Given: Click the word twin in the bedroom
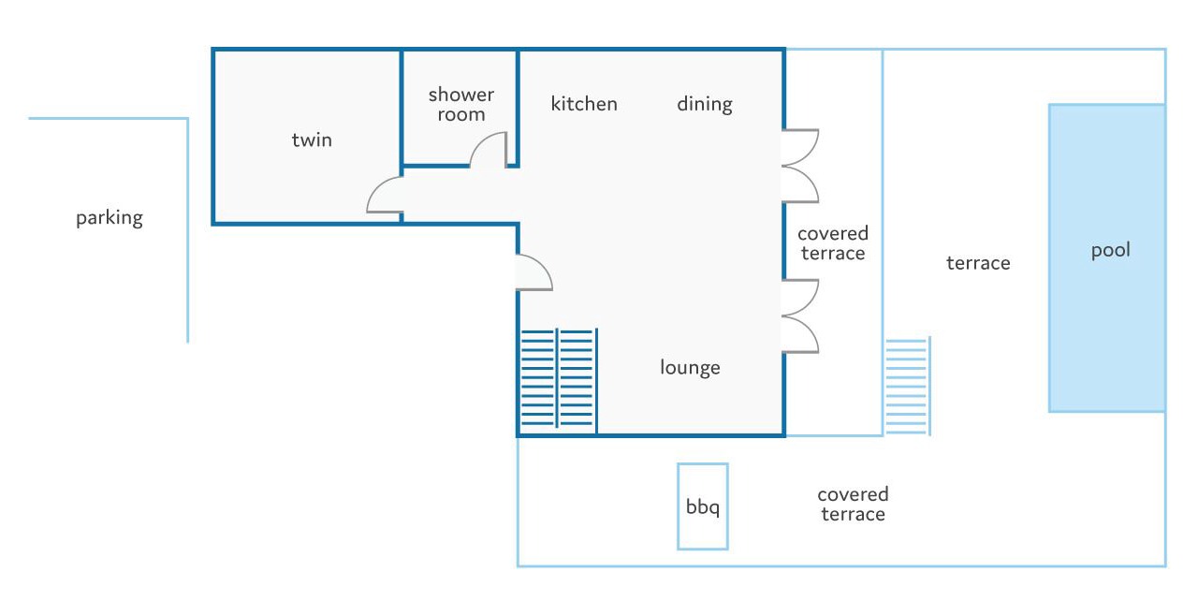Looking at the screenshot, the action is point(312,140).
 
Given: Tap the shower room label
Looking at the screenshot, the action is point(461,104).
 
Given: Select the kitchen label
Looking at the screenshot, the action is point(584,104).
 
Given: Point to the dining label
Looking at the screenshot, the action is point(705,104).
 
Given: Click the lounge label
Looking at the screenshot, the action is point(690,368).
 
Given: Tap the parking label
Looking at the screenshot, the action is point(110,218).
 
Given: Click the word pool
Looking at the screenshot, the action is point(1111,250).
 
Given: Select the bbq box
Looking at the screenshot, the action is point(703,506).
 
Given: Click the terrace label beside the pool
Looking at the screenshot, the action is point(978,263).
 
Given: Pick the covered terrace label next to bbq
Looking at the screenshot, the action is point(853,505).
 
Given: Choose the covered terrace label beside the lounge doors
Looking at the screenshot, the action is point(833,243).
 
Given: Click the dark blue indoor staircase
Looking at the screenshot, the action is point(559,380).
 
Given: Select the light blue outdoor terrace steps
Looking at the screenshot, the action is point(908,386).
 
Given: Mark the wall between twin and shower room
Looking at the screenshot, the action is point(402,112).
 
